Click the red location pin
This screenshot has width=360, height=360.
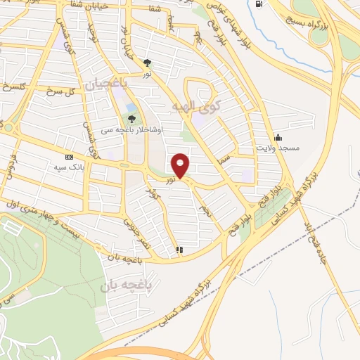point(181,165)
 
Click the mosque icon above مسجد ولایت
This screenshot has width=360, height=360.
point(279,137)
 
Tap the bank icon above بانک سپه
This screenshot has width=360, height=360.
point(69,157)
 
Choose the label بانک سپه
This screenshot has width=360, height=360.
point(69,168)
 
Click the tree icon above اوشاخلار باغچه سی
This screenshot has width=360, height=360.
point(132,119)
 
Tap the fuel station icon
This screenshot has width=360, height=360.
point(259,4)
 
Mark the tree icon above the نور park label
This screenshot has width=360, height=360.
point(147,63)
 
